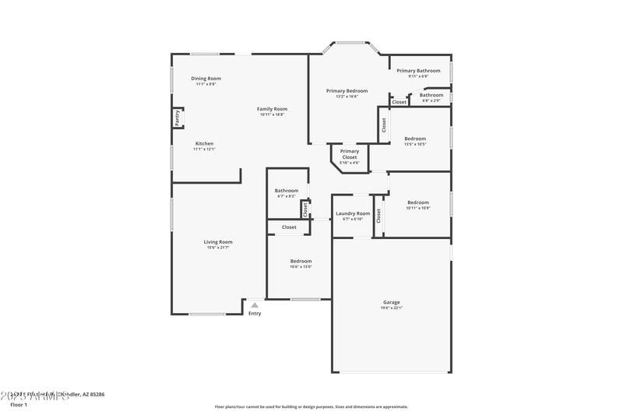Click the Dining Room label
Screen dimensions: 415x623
206,79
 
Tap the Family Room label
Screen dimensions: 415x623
273,109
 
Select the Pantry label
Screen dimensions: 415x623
177,118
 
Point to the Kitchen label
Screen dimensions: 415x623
204,143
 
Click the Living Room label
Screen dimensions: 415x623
219,242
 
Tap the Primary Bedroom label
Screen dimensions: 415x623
347,91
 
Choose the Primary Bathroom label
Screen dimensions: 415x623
418,71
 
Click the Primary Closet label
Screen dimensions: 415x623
350,154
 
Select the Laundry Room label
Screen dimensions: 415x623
353,213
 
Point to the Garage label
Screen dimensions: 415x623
391,302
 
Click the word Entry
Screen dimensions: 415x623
255,314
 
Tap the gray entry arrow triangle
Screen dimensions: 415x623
254,305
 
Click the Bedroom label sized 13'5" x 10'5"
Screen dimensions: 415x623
415,139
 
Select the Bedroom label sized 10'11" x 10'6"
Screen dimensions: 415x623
417,202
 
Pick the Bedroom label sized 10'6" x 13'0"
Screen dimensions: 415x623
301,261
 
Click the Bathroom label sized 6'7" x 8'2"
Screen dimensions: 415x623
286,191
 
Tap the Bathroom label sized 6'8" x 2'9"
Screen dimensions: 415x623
431,95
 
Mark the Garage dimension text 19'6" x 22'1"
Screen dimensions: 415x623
391,308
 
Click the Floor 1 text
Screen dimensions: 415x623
19,405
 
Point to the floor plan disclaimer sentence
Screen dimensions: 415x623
311,406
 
